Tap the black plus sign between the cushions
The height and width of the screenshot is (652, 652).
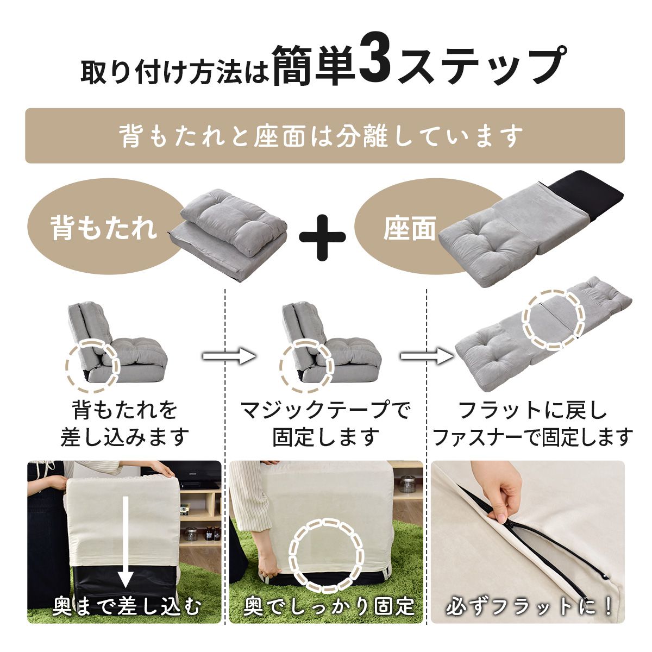pos(322,237)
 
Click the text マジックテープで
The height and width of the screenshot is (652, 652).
pos(326,410)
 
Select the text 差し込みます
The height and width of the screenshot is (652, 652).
pos(124,437)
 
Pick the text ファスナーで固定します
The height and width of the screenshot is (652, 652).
pos(533,437)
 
